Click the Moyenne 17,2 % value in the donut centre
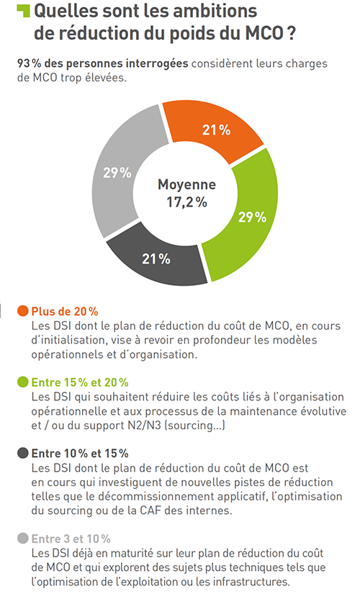point(186,194)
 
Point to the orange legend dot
point(23,311)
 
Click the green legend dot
point(23,382)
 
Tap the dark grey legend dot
point(23,453)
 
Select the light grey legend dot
point(23,539)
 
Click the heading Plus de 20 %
point(65,311)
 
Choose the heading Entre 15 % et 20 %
point(80,382)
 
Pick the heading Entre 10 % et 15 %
point(80,454)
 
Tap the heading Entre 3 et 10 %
point(71,539)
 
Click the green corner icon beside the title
point(23,11)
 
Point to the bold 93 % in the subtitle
point(27,63)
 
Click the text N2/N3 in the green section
point(144,426)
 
